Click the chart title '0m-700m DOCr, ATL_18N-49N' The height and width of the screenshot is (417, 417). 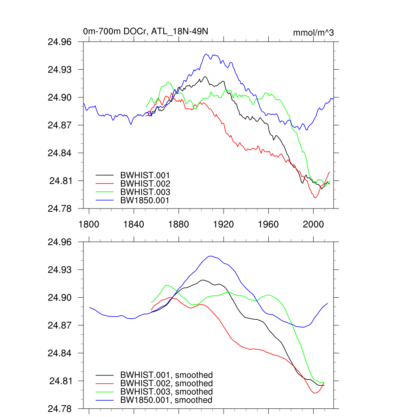pos(145,31)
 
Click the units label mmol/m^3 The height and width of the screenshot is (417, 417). pos(313,33)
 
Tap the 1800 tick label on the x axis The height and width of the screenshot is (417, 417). pos(89,224)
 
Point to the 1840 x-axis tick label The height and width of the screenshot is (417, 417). pos(134,224)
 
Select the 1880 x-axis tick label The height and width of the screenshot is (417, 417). pos(178,224)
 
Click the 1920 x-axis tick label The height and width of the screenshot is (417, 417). pos(224,224)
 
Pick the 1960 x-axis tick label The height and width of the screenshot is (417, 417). pos(268,224)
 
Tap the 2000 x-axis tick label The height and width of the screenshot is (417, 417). pos(314,224)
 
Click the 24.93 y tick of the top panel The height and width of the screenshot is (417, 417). pos(60,70)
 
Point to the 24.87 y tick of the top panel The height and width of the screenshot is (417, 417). pos(60,125)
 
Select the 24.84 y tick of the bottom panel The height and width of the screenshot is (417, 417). pos(60,353)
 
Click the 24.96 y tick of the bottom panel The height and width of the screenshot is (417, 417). pos(60,242)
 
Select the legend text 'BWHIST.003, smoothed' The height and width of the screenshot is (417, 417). pos(167,392)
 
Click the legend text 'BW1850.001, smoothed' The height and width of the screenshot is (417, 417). pos(166,400)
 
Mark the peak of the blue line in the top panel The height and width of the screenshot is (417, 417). pos(206,54)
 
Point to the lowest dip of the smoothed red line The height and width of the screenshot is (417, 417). pos(315,393)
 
